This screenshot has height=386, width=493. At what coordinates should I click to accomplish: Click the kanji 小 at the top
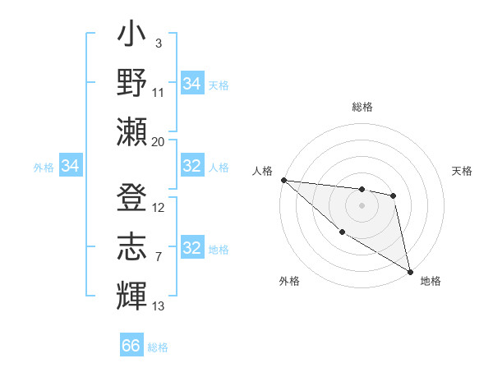132,38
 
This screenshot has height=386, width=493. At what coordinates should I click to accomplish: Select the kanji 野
132,84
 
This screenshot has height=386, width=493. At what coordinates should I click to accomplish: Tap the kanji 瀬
132,131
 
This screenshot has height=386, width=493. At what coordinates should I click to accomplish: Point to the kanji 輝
132,293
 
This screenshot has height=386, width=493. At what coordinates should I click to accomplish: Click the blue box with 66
131,346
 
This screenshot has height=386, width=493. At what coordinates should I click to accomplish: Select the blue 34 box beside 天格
192,84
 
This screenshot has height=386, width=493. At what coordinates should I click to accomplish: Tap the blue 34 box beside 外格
71,167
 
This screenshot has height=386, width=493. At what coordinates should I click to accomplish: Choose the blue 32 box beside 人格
192,167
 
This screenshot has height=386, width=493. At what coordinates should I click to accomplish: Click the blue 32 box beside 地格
192,248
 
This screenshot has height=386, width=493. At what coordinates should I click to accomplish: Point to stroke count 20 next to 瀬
159,141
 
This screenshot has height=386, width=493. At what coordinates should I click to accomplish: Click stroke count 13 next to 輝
159,306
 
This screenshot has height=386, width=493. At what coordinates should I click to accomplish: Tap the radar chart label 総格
362,107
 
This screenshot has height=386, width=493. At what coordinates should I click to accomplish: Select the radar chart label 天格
463,171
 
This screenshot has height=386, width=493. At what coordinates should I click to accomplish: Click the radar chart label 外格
289,281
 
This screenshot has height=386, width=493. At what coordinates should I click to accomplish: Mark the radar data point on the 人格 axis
283,180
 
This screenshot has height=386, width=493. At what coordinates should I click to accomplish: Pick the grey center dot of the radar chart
362,205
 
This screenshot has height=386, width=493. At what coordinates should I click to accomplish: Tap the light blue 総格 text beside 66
158,347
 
